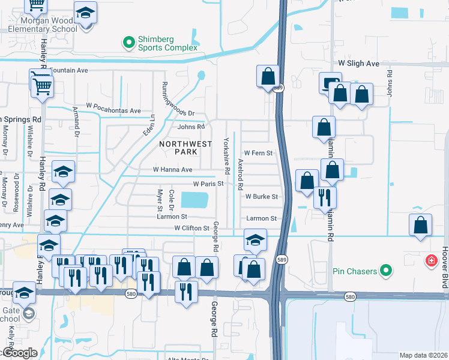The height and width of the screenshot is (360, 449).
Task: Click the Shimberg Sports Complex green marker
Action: pyautogui.click(x=128, y=42)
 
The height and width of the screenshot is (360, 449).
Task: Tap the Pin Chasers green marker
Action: pyautogui.click(x=387, y=271)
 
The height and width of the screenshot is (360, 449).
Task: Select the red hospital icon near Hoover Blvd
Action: pyautogui.click(x=431, y=261)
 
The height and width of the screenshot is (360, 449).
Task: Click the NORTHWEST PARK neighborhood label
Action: pyautogui.click(x=185, y=148)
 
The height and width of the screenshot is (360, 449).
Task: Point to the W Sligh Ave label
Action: pyautogui.click(x=359, y=63)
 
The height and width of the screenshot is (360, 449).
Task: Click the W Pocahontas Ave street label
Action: pyautogui.click(x=114, y=110)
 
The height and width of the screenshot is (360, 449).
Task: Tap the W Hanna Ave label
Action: pyautogui.click(x=172, y=170)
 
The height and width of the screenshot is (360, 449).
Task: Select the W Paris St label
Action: pyautogui.click(x=208, y=184)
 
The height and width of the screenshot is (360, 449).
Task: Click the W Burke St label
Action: pyautogui.click(x=261, y=196)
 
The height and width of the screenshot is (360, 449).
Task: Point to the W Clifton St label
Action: pyautogui.click(x=191, y=228)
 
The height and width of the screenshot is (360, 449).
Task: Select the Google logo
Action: pyautogui.click(x=19, y=352)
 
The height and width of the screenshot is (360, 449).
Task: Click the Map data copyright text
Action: pyautogui.click(x=424, y=355)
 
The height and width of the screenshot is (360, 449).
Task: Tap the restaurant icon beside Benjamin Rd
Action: pyautogui.click(x=325, y=196)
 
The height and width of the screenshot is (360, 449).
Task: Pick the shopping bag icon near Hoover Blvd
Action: pyautogui.click(x=420, y=225)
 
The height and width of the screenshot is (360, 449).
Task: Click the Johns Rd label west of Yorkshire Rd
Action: pyautogui.click(x=191, y=127)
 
